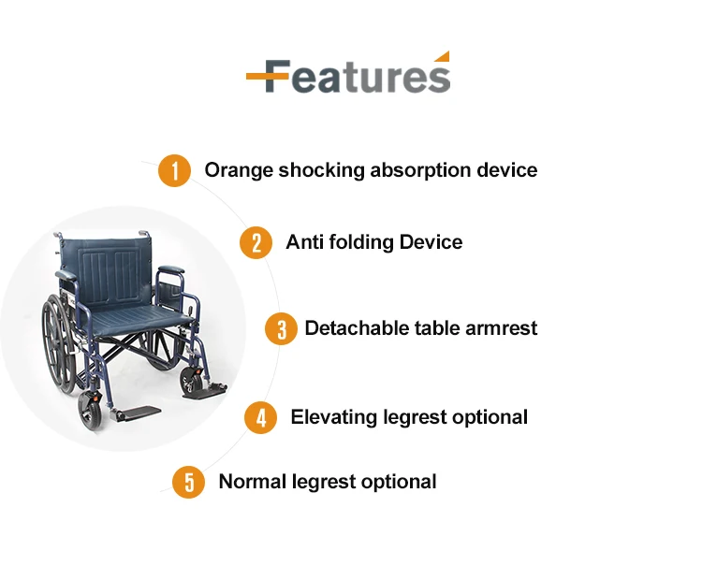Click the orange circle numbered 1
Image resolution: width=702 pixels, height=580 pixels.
pos(175,170)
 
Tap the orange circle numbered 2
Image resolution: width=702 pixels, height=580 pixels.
pos(256,242)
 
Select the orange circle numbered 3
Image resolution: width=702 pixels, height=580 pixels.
pos(281,329)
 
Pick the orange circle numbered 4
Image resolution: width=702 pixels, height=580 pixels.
pos(260,417)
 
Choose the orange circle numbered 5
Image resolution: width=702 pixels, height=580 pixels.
pos(189,482)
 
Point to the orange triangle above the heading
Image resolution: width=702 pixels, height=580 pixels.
pos(443,56)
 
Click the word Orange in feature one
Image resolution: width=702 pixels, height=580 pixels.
pos(239,171)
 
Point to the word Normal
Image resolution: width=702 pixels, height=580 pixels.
pos(253,482)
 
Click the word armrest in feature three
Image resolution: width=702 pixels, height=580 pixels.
pos(501,328)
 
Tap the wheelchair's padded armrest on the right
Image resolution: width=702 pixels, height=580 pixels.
pos(171,269)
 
